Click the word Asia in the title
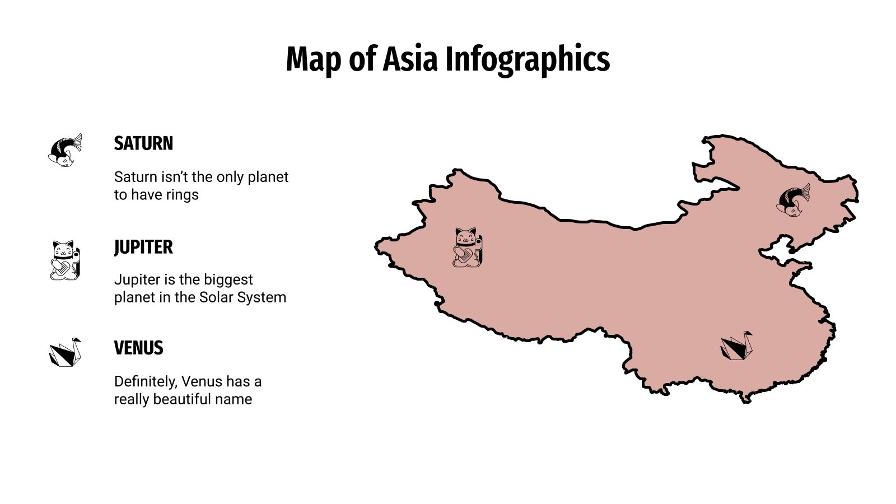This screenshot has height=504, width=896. click(x=409, y=59)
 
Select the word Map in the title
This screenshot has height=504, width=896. click(x=312, y=59)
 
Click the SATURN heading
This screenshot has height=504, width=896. click(x=143, y=143)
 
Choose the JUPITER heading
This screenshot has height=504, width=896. click(x=143, y=247)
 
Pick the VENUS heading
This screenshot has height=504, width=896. click(x=138, y=348)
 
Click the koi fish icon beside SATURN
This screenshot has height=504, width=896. click(x=65, y=150)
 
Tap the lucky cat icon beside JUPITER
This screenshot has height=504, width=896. click(x=65, y=260)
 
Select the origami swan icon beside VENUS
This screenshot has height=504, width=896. click(x=65, y=352)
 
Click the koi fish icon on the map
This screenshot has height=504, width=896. click(x=793, y=200)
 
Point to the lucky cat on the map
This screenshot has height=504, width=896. click(x=467, y=247)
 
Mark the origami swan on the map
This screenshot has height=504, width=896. click(x=736, y=346)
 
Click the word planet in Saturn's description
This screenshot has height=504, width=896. click(x=268, y=177)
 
